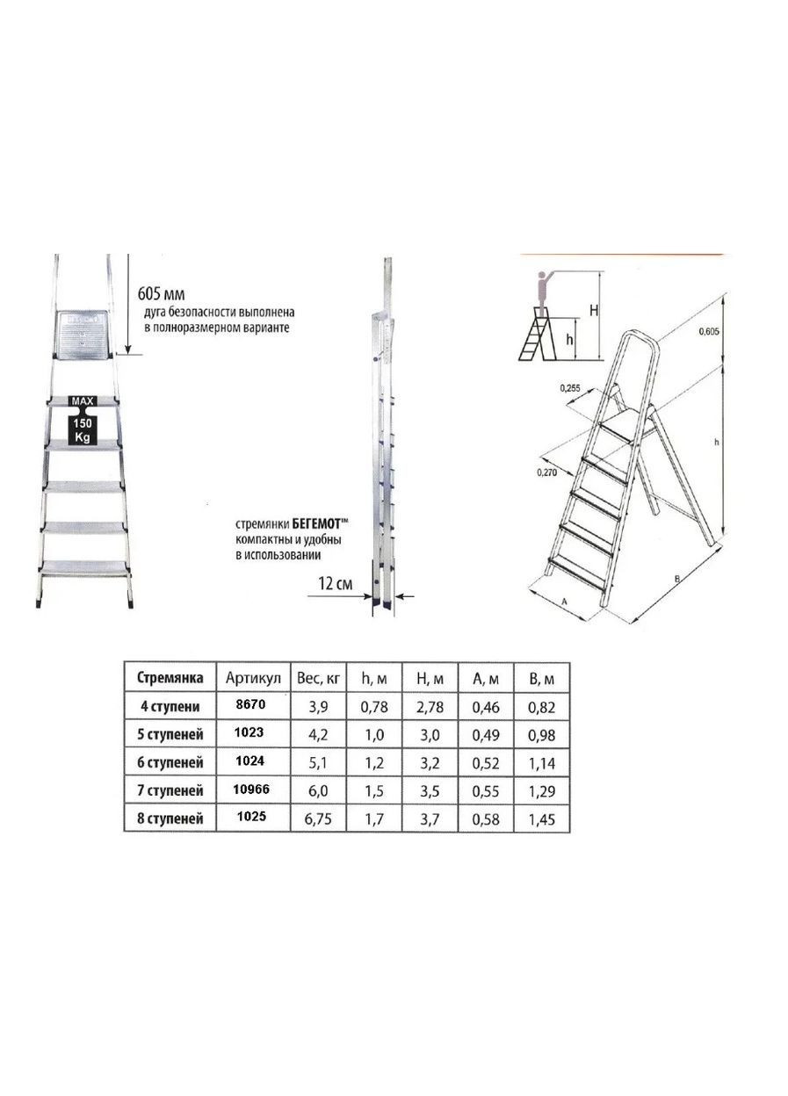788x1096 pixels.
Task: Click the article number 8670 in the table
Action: (249, 704)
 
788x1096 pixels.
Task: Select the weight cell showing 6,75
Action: (318, 819)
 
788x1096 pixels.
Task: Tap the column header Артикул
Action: (253, 679)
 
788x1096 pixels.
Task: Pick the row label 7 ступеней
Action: (170, 791)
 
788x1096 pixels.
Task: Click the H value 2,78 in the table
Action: (430, 707)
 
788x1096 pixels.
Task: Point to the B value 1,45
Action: (541, 819)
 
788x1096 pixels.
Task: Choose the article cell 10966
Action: (252, 789)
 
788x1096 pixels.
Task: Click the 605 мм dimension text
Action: (161, 294)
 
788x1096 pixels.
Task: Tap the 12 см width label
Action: (335, 584)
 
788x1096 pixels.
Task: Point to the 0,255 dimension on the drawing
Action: (570, 388)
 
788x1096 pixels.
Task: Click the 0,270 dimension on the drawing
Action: (546, 472)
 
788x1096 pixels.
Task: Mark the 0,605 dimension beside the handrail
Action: (709, 332)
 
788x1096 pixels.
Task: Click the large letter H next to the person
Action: (593, 310)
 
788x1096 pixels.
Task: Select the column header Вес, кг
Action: (318, 679)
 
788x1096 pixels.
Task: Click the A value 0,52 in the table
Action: (486, 763)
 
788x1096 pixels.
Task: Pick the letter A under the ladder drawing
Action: (563, 602)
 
